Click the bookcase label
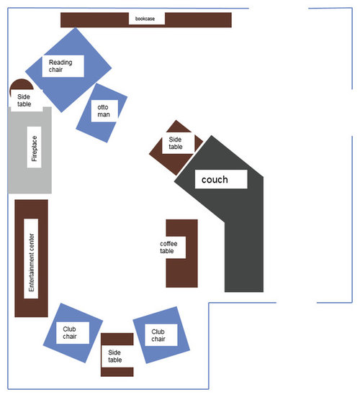tap(145, 19)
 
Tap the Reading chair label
tap(60, 66)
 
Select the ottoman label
tap(104, 111)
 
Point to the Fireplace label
tap(35, 148)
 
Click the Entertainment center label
tap(31, 263)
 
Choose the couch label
tap(215, 180)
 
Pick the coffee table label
tap(168, 247)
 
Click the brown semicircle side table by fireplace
tap(22, 84)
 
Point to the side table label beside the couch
tap(176, 143)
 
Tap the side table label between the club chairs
tap(114, 356)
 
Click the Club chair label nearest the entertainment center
tap(69, 332)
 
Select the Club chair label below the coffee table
tap(158, 335)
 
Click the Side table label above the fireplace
tap(24, 100)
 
